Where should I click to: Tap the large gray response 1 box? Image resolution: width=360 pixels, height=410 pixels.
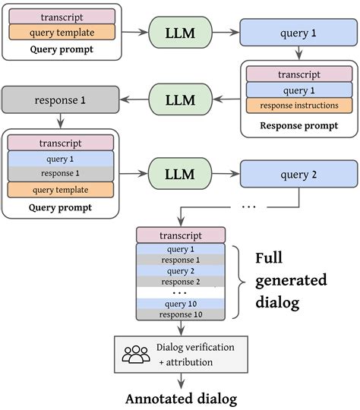tap(60, 99)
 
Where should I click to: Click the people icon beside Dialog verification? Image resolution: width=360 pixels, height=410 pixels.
tap(136, 353)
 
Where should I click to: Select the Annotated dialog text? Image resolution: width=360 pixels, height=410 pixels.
tap(179, 397)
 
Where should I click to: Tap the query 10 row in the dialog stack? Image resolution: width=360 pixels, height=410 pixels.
tap(180, 304)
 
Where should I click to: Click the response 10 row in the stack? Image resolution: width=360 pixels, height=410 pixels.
tap(180, 314)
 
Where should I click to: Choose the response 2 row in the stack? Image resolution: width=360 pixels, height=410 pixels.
tap(180, 282)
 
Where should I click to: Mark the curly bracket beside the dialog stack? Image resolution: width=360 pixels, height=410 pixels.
tap(238, 281)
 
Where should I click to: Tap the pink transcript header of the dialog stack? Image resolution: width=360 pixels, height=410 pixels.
tap(180, 235)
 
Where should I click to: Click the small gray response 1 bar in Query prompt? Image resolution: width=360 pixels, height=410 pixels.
tap(60, 173)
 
